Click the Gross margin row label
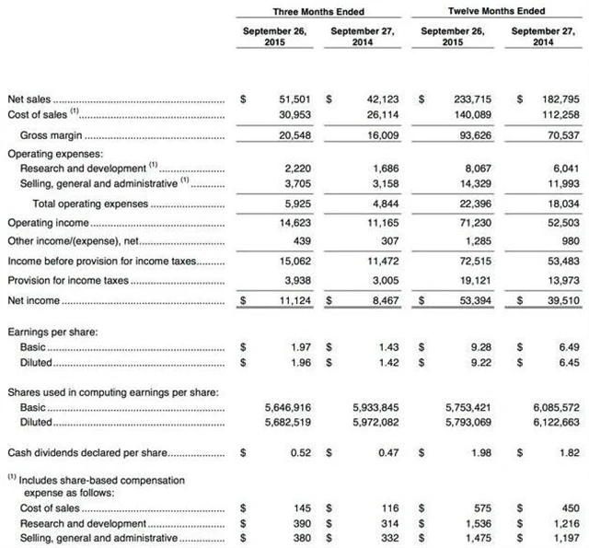46,135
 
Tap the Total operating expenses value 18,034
560,203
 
